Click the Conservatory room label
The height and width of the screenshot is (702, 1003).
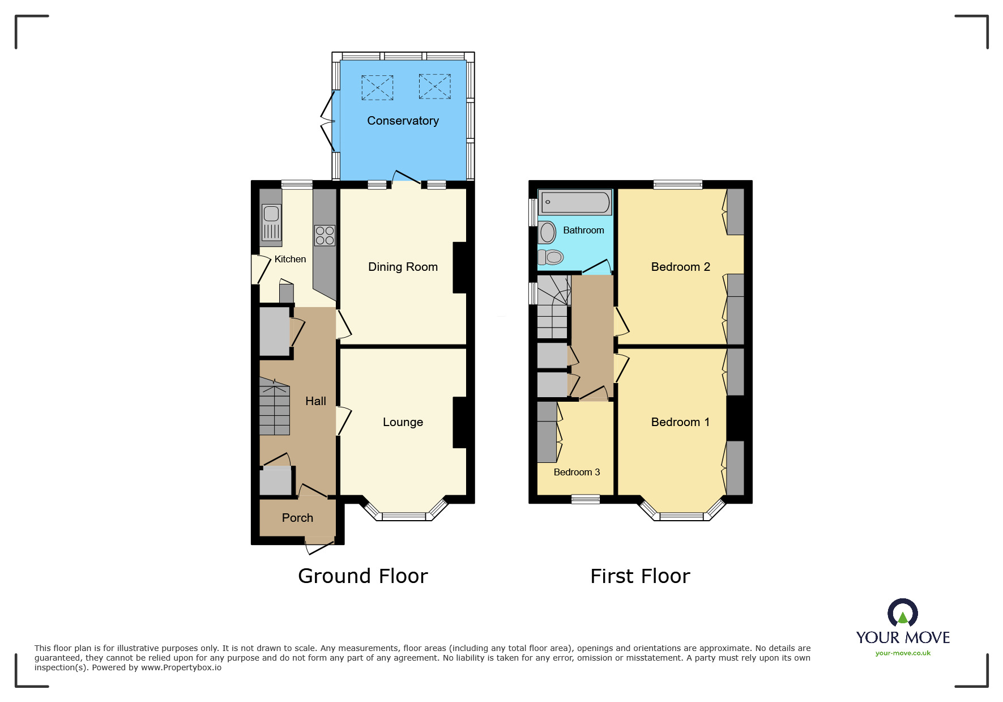pos(403,121)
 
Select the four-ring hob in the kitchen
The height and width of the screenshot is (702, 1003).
pos(325,235)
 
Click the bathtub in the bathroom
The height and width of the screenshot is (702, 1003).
pos(575,202)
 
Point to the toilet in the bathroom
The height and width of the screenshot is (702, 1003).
pos(551,257)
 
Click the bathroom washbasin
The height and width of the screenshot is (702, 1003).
pos(547,232)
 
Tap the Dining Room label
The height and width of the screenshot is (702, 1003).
pos(403,267)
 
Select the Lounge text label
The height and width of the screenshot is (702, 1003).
pos(403,422)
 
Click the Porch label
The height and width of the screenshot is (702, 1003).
pos(297,518)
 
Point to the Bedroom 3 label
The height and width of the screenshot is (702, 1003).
pos(577,472)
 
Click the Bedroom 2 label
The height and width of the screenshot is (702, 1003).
pos(680,267)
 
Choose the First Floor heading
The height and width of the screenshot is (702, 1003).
pos(640,576)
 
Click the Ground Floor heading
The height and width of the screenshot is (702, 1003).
pos(362,576)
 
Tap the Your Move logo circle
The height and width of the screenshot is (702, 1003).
pos(903,613)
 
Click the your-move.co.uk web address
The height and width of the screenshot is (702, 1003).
pos(903,653)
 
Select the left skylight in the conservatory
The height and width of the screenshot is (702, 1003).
pos(377,88)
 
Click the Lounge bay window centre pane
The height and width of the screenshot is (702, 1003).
pos(403,517)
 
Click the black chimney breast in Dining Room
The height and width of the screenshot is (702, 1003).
pos(459,267)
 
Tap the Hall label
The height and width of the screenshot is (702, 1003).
pos(315,401)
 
